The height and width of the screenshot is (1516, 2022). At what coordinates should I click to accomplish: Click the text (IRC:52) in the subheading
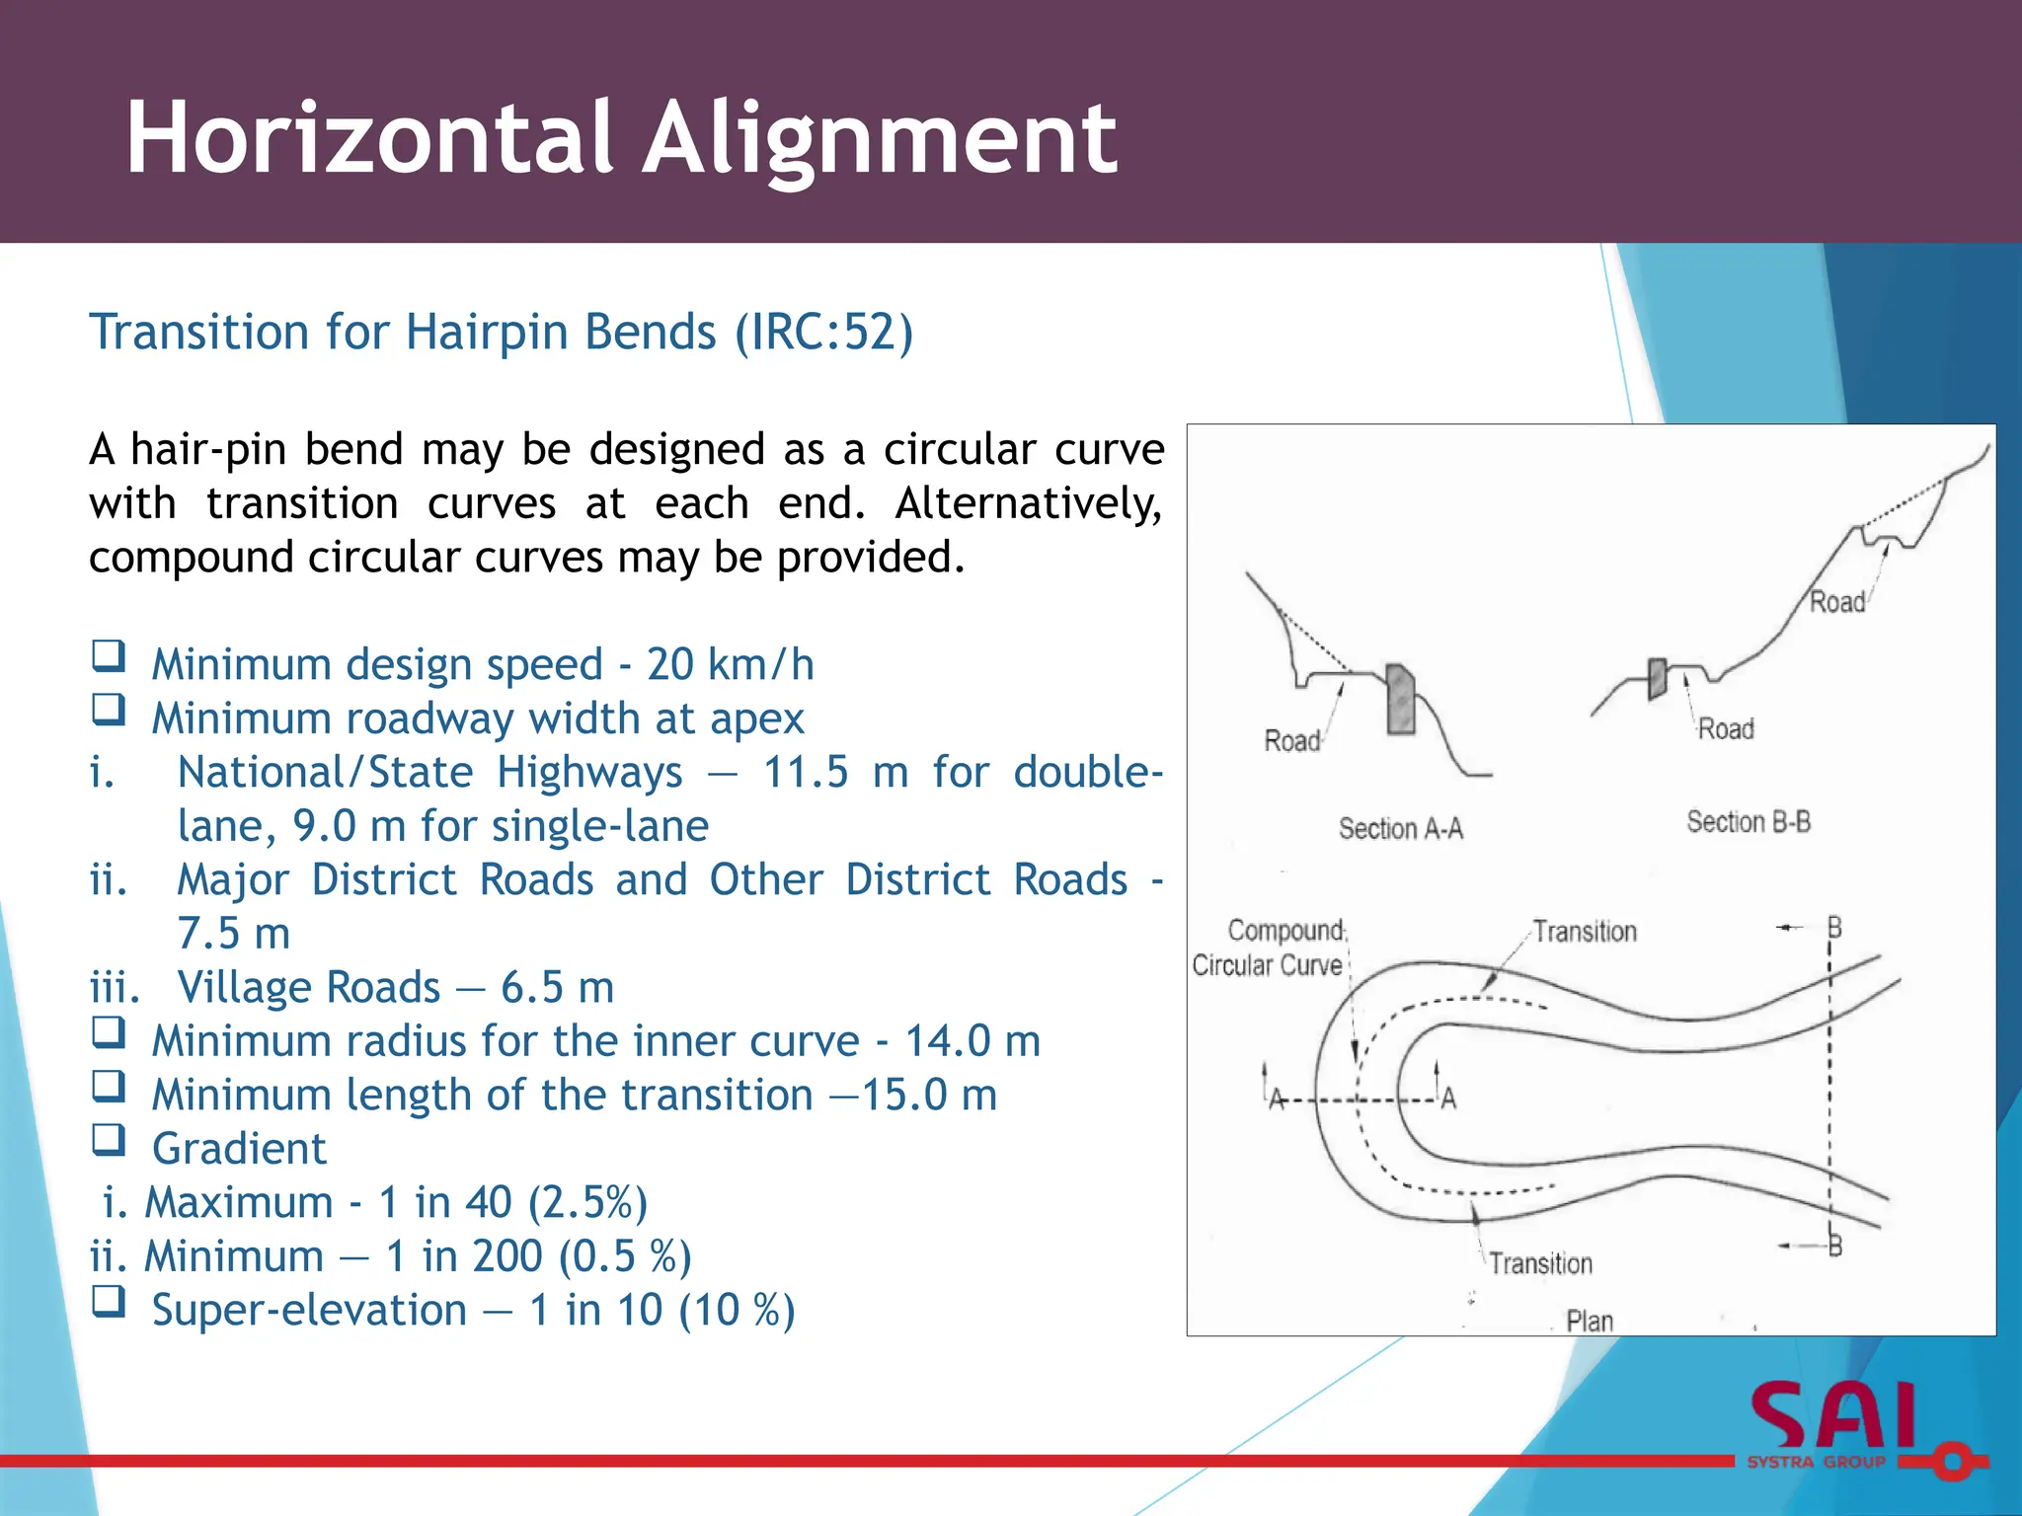click(823, 332)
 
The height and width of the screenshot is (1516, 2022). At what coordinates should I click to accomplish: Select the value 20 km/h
click(730, 664)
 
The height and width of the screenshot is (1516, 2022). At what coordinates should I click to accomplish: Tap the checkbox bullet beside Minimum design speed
click(109, 656)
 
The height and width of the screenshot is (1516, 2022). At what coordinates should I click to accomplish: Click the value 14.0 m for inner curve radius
click(972, 1041)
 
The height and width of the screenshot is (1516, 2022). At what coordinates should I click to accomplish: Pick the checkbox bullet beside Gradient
click(109, 1140)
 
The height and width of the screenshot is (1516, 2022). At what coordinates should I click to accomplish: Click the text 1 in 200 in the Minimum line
click(464, 1256)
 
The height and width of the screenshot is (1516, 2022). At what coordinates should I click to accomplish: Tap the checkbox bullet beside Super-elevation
click(109, 1302)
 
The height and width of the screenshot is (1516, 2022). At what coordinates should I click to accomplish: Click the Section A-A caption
click(1400, 829)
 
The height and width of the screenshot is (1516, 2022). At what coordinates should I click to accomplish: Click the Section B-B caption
click(1748, 822)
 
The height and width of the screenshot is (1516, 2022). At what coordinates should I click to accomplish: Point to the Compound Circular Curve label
click(1269, 948)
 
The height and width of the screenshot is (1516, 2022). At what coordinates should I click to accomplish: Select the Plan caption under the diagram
click(1589, 1321)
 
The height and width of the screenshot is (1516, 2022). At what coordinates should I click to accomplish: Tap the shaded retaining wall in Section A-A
click(1400, 699)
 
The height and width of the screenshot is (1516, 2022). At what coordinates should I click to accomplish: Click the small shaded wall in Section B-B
click(1657, 679)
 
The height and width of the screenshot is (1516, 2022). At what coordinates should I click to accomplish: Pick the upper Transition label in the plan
click(1584, 932)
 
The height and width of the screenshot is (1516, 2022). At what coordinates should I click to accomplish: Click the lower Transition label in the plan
click(1540, 1263)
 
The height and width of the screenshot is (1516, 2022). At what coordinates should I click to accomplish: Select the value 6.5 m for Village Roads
click(557, 987)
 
